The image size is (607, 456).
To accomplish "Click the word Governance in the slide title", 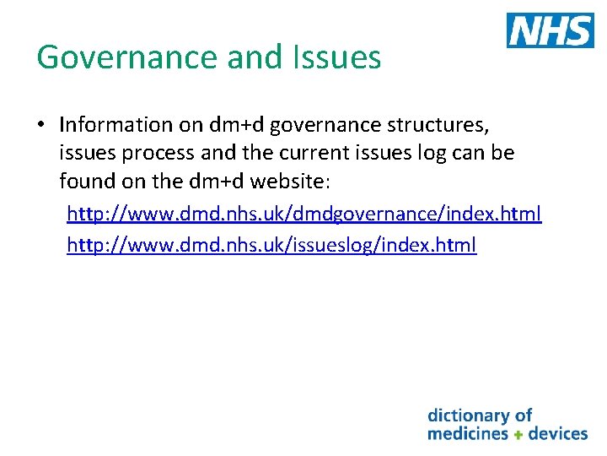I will (x=126, y=57).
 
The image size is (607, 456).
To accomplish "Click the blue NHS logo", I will (x=550, y=30).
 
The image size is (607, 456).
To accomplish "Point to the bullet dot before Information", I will (x=40, y=126).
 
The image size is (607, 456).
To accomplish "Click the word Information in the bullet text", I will (x=115, y=125).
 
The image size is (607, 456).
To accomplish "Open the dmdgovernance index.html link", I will (x=303, y=214).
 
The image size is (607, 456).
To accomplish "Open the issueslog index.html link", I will (x=271, y=246).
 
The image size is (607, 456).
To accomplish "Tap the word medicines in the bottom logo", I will (x=468, y=433).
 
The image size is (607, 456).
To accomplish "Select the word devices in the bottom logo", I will (x=557, y=433).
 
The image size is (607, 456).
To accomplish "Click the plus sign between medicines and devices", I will (x=518, y=434).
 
